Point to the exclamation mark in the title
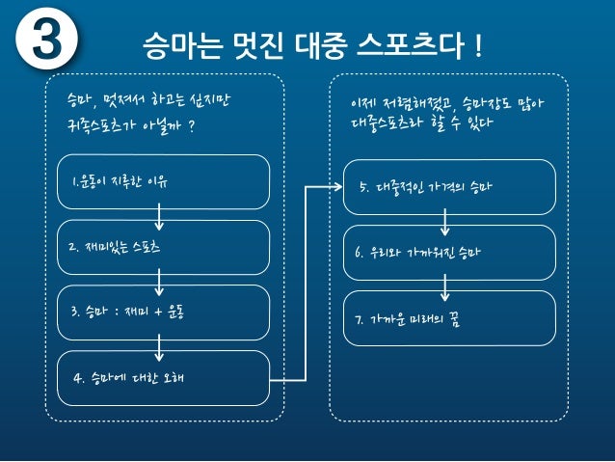(477, 44)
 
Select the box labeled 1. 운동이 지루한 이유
(162, 181)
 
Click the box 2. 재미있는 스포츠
(162, 247)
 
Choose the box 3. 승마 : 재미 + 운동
(162, 313)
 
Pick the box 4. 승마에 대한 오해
(162, 377)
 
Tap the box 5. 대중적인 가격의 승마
(448, 186)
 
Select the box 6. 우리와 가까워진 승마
(448, 252)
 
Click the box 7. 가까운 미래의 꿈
(448, 317)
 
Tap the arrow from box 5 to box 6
(444, 224)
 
